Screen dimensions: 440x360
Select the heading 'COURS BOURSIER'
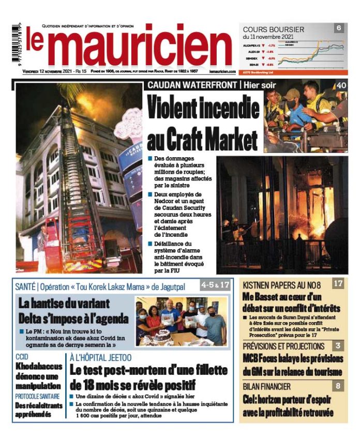273,29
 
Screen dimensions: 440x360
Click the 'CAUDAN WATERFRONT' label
192,85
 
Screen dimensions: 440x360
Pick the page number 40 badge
341,86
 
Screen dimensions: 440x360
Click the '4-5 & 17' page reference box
215,284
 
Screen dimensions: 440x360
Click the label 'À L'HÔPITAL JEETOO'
100,357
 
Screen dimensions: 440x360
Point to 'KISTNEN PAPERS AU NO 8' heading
282,285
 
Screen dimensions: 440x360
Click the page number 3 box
338,346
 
